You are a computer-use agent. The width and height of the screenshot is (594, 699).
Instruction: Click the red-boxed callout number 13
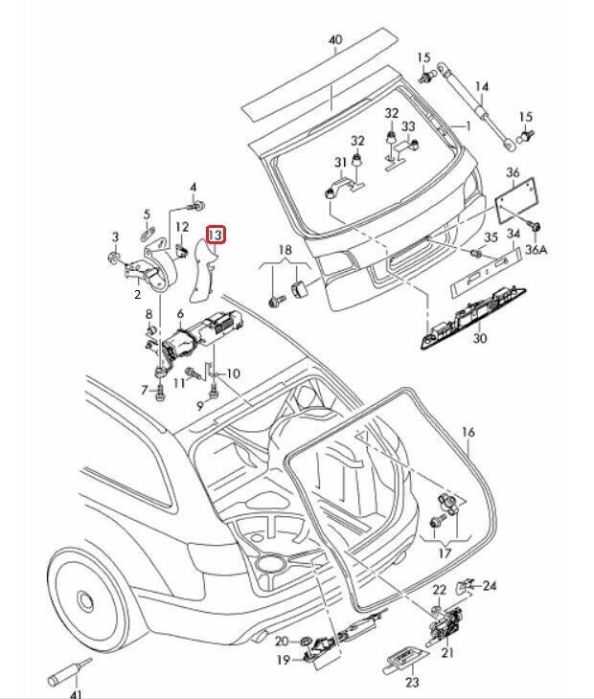tap(217, 234)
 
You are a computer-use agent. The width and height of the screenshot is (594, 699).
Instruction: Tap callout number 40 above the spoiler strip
tap(334, 40)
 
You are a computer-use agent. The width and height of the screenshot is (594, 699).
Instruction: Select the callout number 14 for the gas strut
tap(482, 86)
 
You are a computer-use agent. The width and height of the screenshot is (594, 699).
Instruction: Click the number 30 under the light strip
tap(480, 339)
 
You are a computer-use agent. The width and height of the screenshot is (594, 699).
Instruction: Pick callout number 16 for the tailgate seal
tap(468, 432)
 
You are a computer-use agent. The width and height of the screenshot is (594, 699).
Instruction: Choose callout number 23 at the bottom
tap(413, 682)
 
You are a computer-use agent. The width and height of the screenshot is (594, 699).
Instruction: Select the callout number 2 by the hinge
tap(137, 297)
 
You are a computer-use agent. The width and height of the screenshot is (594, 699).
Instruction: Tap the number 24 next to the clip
tap(490, 585)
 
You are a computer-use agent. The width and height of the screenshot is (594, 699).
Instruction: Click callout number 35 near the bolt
tap(490, 237)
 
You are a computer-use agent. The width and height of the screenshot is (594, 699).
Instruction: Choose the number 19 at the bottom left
tap(283, 660)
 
